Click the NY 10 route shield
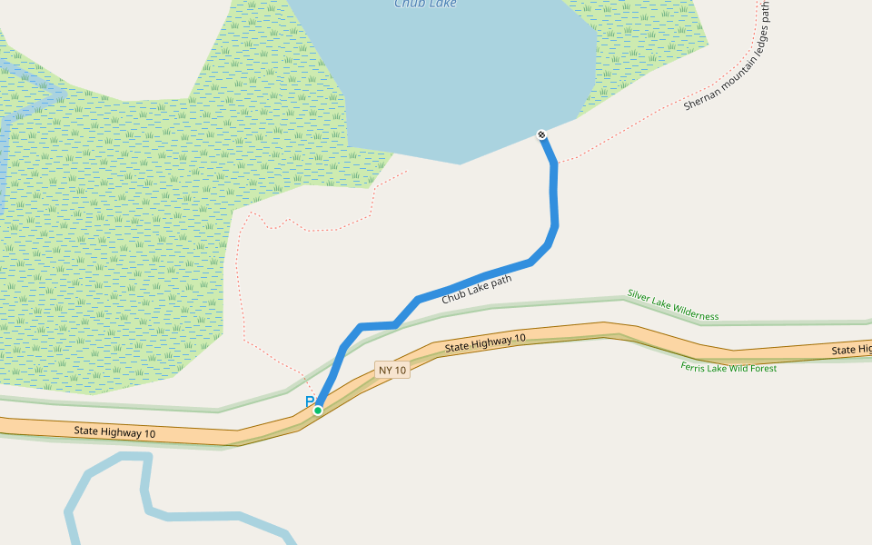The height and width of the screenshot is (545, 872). (392, 370)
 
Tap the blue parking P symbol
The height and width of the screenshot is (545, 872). (310, 401)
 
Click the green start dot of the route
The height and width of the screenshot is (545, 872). (318, 411)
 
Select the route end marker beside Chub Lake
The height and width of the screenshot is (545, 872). (542, 135)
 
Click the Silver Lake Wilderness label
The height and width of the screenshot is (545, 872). (672, 305)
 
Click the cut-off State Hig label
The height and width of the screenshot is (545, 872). (851, 350)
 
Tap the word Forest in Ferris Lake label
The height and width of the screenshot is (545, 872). (761, 368)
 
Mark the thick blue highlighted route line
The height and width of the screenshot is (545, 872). (553, 200)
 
